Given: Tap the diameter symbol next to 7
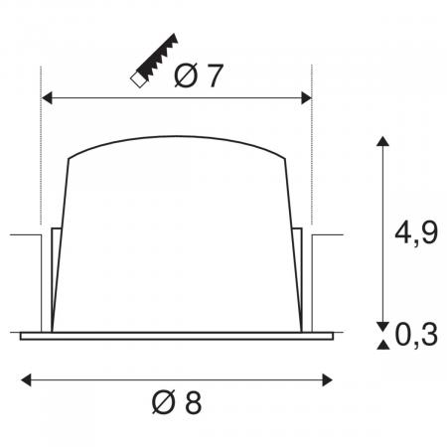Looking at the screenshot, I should (x=185, y=76).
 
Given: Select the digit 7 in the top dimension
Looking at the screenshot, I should (x=214, y=76).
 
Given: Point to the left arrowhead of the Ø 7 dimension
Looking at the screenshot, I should (x=46, y=98).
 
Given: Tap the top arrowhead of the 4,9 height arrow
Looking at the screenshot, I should (x=380, y=140).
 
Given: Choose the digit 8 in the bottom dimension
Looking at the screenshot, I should (x=193, y=403).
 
